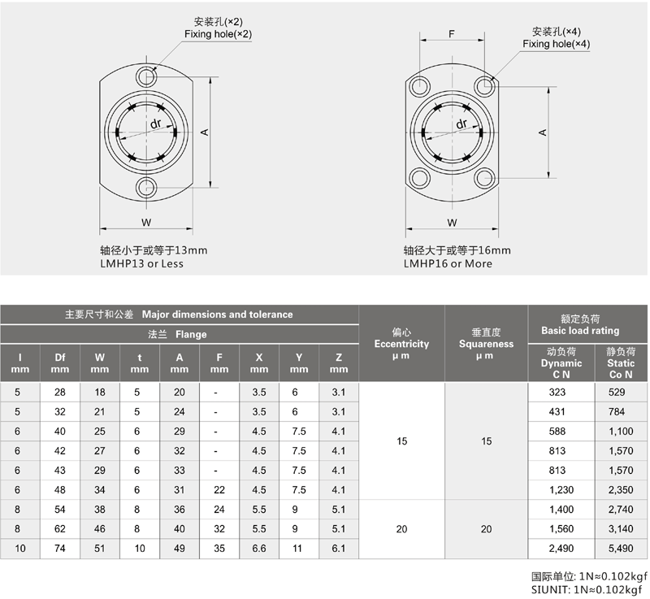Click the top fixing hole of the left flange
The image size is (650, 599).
coord(146,76)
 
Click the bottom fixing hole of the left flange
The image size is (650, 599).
coord(146,188)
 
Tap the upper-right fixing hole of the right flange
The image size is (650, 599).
coord(484,86)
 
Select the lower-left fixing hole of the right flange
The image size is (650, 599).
coord(419,178)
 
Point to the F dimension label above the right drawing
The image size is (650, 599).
coord(452,33)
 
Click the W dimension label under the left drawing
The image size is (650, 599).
coord(146,223)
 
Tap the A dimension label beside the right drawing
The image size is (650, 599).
coord(543,132)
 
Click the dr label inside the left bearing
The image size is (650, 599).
coord(156,123)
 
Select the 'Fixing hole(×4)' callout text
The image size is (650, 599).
coord(556,44)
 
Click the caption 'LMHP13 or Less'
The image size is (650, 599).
coord(141,263)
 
